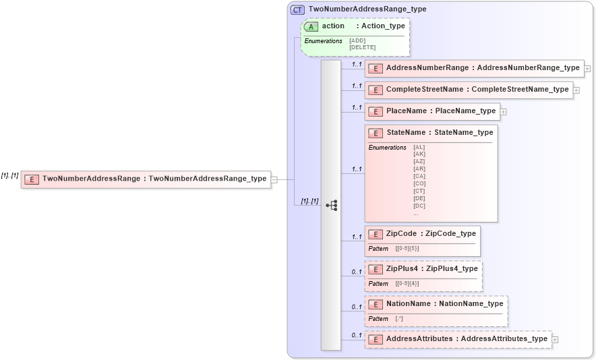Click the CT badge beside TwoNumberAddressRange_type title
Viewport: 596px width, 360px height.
297,9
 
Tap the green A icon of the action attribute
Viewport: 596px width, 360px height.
311,26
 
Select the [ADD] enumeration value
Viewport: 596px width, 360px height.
357,40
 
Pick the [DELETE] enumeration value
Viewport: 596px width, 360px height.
362,47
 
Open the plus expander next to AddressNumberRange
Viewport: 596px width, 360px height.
588,69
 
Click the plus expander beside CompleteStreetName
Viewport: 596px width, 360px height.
576,90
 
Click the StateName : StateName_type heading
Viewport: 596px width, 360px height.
439,133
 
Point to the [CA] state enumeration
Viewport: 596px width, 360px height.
419,176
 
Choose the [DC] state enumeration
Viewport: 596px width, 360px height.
419,206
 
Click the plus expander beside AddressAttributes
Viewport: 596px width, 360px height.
555,340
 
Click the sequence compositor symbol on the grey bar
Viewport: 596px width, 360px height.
331,205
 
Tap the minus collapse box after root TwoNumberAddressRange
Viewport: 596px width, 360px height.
274,180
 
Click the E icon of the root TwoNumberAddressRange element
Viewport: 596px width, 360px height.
31,179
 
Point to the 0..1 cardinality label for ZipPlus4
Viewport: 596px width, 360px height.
357,272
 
